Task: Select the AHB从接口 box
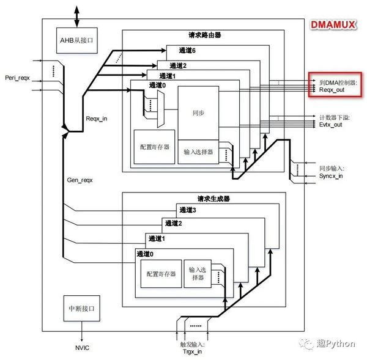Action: [75, 41]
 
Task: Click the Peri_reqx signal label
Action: [17, 78]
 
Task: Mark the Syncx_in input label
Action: [331, 175]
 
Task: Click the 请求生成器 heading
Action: [201, 198]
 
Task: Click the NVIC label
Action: [82, 347]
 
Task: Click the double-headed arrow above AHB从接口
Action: [75, 13]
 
